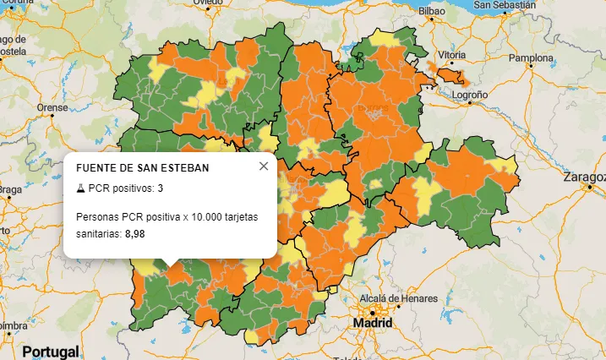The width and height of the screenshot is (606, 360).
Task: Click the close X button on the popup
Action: point(264,166)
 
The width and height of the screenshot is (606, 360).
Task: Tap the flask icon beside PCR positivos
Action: point(80,188)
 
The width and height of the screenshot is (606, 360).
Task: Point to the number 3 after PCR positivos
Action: point(160,188)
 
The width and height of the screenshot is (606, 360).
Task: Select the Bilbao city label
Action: point(431,11)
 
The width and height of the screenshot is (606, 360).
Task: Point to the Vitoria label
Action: point(452,55)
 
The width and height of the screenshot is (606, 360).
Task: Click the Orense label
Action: point(52,108)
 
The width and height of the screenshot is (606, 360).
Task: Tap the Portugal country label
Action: point(50,351)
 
